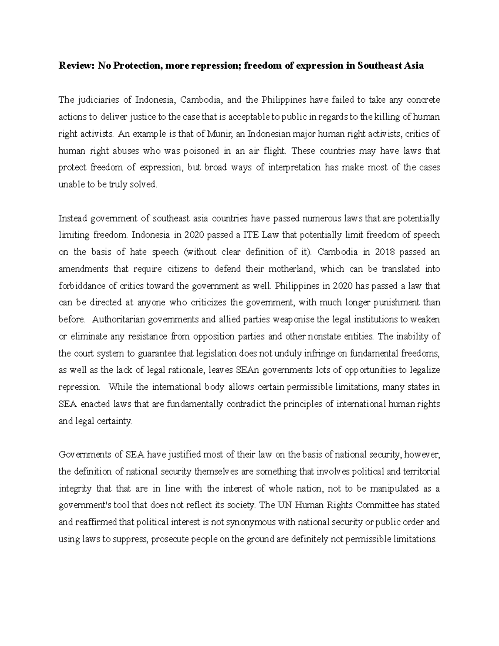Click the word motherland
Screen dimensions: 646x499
tap(289, 269)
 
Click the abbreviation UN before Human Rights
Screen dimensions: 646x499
tap(282, 505)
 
